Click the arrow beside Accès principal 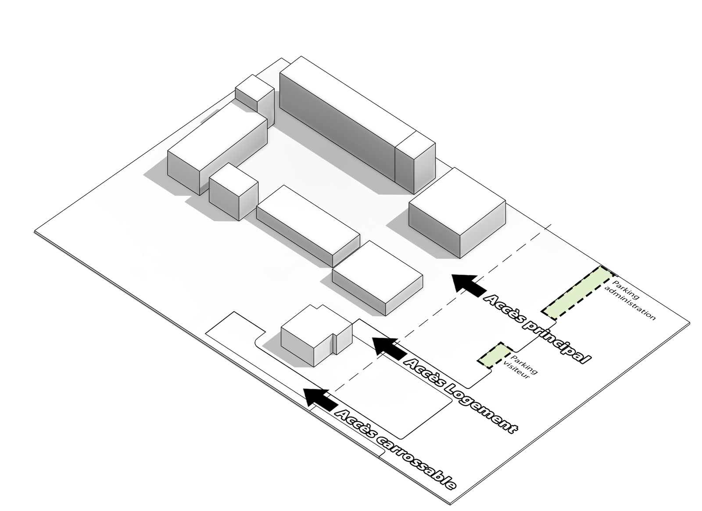[468, 284]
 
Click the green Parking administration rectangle [577, 292]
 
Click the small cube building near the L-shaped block [233, 191]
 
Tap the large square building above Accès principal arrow [458, 211]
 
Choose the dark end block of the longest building [415, 162]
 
